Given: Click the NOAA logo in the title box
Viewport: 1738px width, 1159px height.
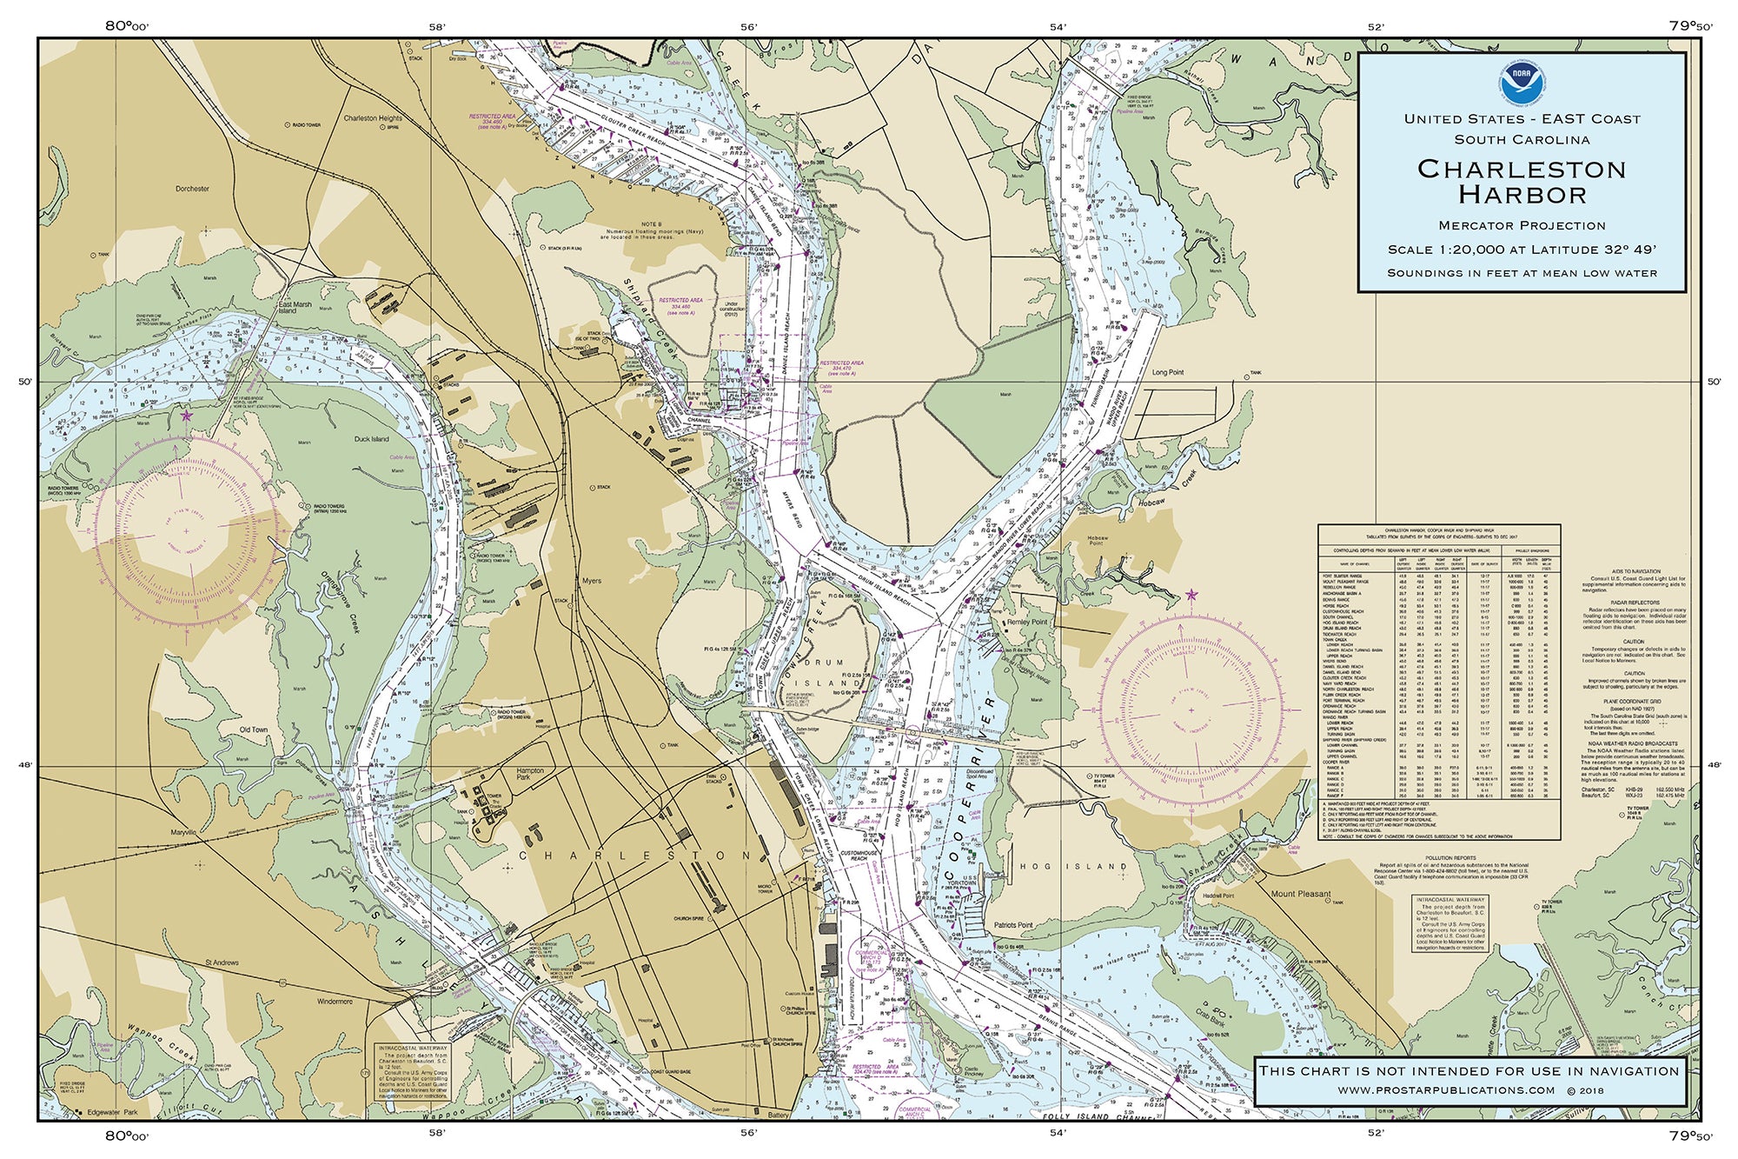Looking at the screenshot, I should pos(1522,82).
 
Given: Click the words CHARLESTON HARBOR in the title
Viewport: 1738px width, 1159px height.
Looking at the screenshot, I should pos(1522,181).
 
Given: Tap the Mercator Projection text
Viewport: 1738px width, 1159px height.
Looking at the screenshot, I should pos(1522,225).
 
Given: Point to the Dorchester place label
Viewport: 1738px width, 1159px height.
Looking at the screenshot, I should pos(192,189).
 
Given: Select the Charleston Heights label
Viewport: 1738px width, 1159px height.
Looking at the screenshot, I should pos(373,118).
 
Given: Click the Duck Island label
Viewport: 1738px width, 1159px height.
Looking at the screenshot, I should pos(372,439).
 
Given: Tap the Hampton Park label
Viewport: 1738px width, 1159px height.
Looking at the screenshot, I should pos(530,773).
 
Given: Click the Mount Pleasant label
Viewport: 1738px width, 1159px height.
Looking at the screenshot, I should pos(1300,894).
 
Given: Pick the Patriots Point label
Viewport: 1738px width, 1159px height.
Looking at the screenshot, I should pos(1013,925).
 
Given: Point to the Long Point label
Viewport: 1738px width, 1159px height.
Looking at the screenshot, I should pos(1168,372).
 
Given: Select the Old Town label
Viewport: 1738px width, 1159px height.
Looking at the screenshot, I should pos(254,729).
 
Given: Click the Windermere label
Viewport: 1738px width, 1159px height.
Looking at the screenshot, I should pos(335,1002).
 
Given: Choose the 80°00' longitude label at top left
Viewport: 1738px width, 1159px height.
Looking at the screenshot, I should pos(127,26).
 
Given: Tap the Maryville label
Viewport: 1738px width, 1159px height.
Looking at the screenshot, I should pos(183,832).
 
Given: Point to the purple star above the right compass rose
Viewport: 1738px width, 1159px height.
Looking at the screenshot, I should pos(1191,596).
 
